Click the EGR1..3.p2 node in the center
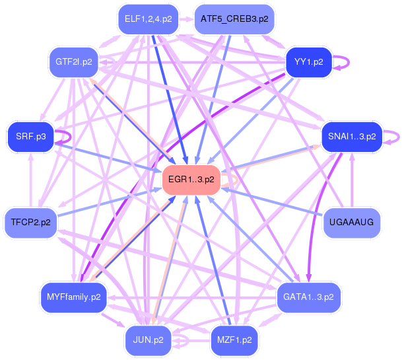191,180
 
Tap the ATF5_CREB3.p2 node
234,20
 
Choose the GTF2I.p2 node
73,62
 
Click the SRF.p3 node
31,137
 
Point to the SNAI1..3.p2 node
352,137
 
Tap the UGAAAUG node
352,222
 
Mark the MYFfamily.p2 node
73,297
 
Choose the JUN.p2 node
149,340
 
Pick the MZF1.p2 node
234,340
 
